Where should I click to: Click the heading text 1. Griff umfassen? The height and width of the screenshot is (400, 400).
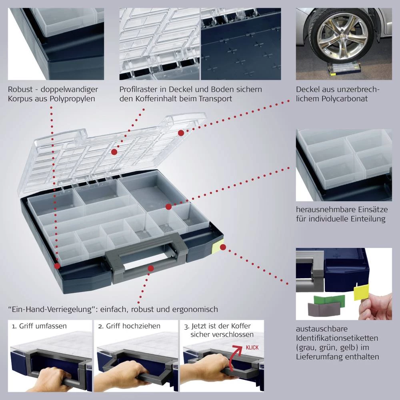pyautogui.click(x=39, y=326)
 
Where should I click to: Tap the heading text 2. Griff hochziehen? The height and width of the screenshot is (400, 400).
pyautogui.click(x=129, y=326)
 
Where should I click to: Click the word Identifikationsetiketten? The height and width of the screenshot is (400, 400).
pyautogui.click(x=337, y=338)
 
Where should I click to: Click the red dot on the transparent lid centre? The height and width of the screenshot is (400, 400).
pyautogui.click(x=114, y=152)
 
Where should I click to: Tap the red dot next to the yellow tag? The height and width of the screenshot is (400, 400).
pyautogui.click(x=223, y=247)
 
